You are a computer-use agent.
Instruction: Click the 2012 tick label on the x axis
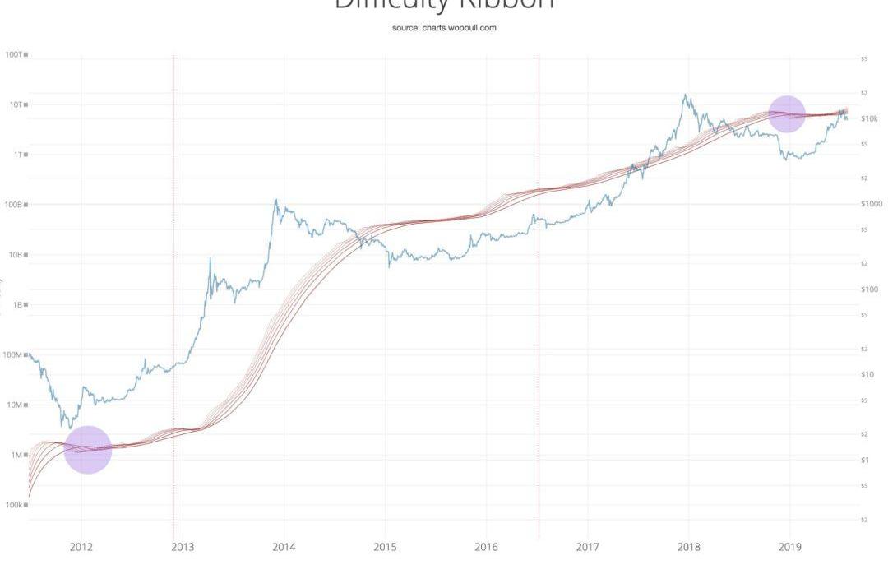point(81,547)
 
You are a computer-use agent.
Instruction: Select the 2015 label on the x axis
point(385,547)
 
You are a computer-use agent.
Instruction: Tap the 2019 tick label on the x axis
point(789,547)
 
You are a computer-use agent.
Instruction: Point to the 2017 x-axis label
point(587,547)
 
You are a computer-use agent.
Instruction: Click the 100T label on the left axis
point(14,54)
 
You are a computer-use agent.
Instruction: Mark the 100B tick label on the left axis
point(14,204)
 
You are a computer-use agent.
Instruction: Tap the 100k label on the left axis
point(14,505)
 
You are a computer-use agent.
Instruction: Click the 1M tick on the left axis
point(17,455)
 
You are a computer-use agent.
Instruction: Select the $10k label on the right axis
point(869,118)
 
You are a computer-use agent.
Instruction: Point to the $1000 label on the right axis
point(871,204)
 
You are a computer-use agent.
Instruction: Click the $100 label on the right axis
point(869,289)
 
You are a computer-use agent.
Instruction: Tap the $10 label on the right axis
point(867,374)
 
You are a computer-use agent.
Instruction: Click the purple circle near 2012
point(87,450)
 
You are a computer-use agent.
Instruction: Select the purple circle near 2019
point(787,113)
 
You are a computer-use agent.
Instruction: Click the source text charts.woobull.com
point(444,27)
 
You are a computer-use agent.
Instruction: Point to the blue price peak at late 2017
point(685,95)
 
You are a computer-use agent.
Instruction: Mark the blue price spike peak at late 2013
point(276,200)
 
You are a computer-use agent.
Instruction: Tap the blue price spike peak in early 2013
point(210,259)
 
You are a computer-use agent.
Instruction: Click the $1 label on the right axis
point(865,460)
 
